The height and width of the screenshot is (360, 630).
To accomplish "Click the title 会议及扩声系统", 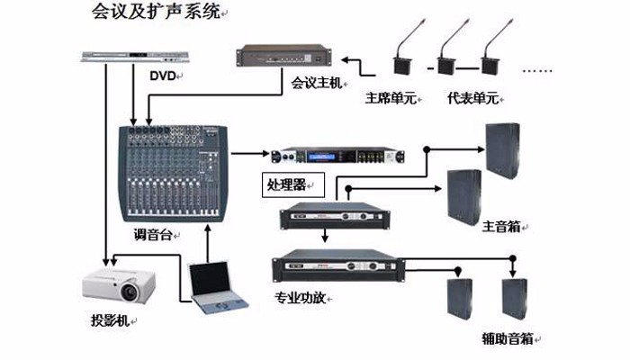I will pyautogui.click(x=156, y=13).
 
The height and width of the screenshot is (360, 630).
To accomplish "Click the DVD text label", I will pyautogui.click(x=162, y=76).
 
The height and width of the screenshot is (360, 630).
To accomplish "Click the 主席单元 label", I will pyautogui.click(x=390, y=98).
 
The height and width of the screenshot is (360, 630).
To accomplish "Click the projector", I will pyautogui.click(x=116, y=287).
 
